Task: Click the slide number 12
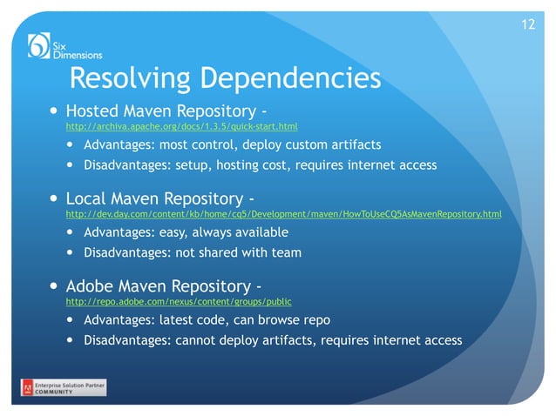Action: click(x=527, y=23)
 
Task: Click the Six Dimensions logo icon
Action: click(x=39, y=44)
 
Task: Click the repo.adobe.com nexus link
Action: click(x=179, y=301)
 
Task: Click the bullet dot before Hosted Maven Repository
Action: click(x=54, y=112)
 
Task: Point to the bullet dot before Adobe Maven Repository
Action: click(x=54, y=286)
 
